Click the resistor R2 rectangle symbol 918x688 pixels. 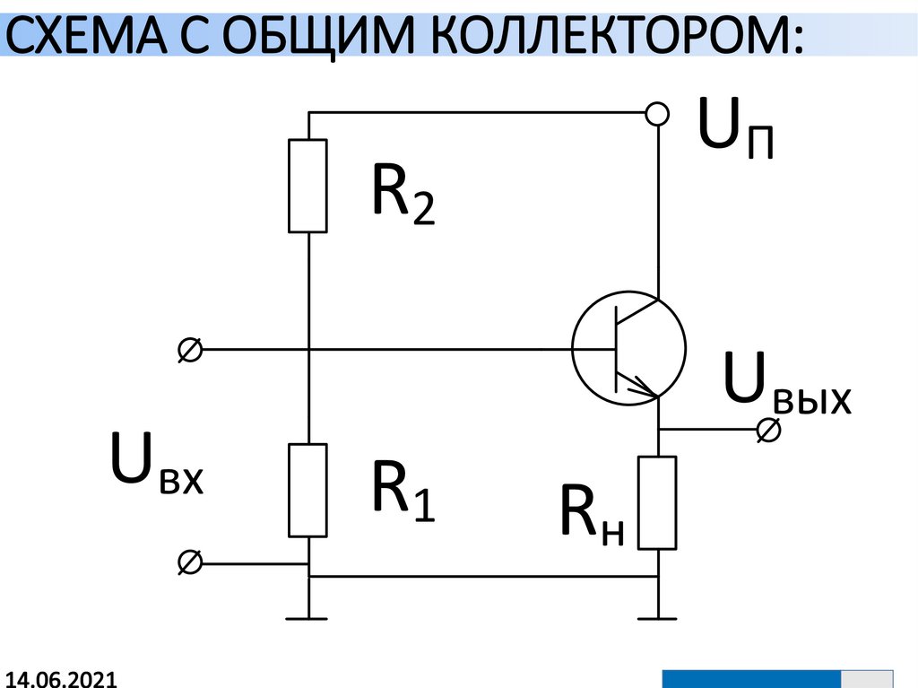coord(307,186)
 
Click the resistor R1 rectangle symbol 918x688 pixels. coord(307,490)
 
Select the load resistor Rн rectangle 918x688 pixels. coord(657,502)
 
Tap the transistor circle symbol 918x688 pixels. coord(628,346)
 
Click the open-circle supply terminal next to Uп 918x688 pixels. coord(657,114)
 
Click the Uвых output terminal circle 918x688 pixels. coord(768,431)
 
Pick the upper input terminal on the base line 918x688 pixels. coord(190,349)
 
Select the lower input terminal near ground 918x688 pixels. coord(190,563)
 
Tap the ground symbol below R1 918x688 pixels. coord(307,616)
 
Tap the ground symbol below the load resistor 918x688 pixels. coord(657,616)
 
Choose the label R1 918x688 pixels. coord(403,492)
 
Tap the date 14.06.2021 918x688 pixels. coord(61,678)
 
